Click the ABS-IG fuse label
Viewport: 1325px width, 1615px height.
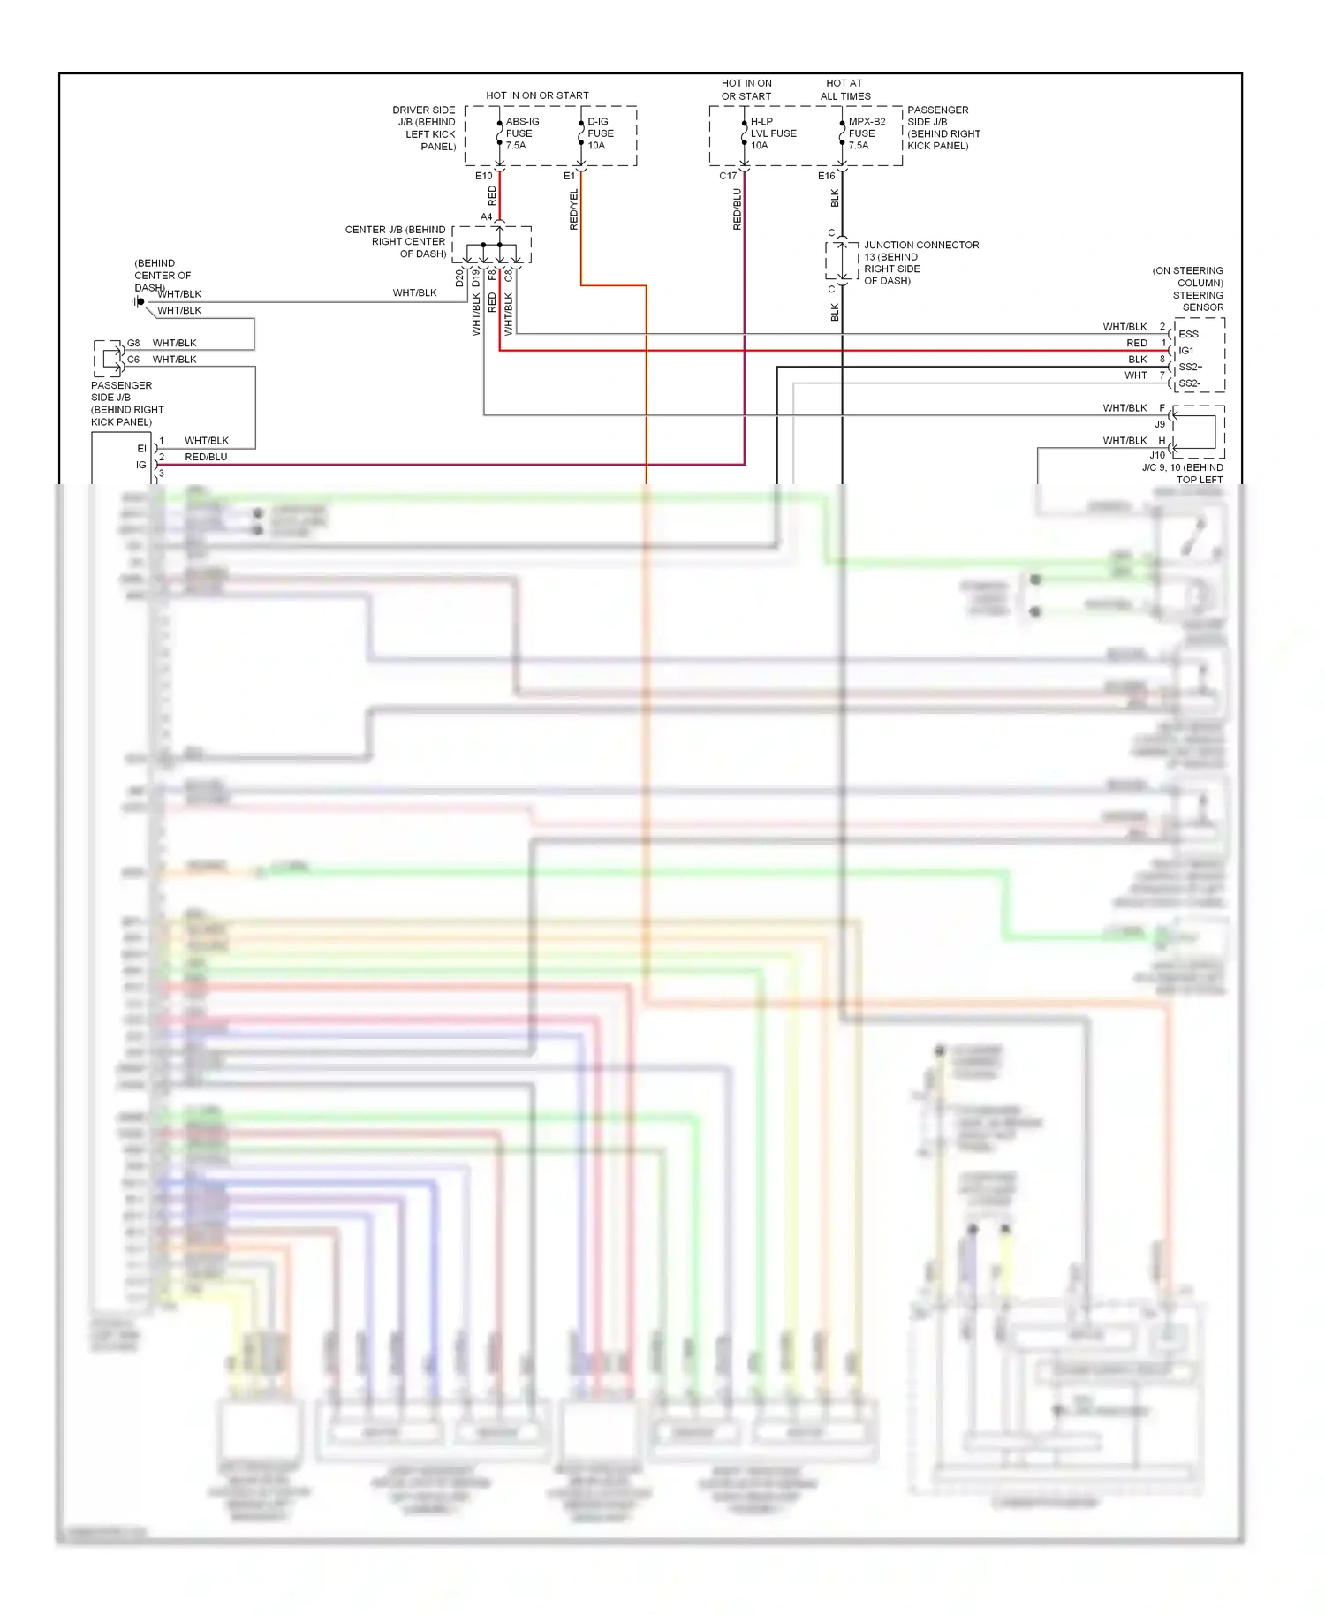(x=521, y=133)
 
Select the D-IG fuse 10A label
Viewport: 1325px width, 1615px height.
(x=600, y=133)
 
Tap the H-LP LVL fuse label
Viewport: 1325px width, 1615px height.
(x=772, y=133)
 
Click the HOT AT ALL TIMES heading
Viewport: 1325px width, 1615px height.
(x=844, y=89)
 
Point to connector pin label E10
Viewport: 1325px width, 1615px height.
(x=483, y=176)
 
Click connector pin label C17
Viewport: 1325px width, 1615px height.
(x=727, y=176)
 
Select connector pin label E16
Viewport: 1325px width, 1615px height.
(x=826, y=176)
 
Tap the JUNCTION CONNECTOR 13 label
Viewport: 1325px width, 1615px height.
(x=920, y=262)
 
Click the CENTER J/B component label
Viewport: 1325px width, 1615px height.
(x=396, y=241)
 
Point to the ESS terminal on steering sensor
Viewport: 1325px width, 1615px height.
(x=1188, y=335)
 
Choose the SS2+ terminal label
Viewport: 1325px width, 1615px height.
(x=1190, y=367)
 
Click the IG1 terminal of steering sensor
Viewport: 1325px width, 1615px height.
(x=1186, y=351)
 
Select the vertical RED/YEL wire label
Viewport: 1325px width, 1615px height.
(x=574, y=209)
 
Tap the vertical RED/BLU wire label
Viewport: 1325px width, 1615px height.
(x=738, y=209)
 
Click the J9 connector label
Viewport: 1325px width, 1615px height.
(x=1160, y=424)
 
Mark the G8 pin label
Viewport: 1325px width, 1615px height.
(x=133, y=343)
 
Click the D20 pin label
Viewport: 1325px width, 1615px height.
(x=459, y=278)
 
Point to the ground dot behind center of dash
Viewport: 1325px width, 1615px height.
(x=140, y=302)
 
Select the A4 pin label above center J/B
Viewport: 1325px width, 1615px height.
(x=486, y=216)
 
